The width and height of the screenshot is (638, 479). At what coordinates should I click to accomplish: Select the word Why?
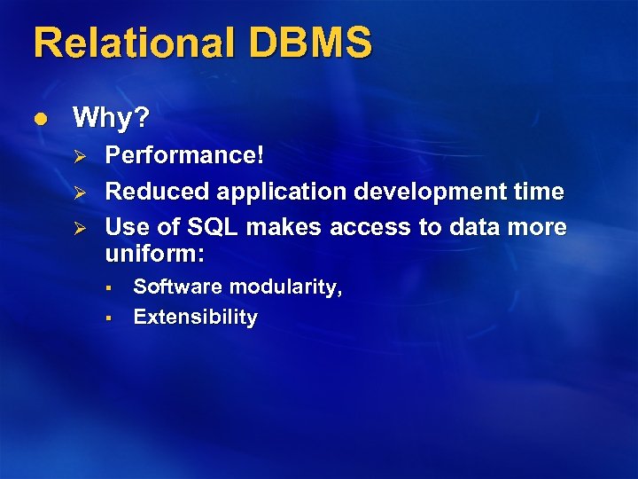point(112,117)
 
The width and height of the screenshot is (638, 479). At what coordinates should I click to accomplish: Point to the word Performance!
point(184,155)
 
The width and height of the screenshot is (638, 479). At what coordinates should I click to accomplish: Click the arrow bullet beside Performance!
point(76,156)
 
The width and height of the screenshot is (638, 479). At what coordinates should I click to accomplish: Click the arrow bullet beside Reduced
point(76,192)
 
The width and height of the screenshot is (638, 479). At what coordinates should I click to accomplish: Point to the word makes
point(284,227)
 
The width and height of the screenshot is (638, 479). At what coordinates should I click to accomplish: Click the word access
point(370,227)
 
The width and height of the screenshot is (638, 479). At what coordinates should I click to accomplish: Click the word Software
point(177,287)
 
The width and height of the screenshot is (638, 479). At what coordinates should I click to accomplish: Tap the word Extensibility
point(195,318)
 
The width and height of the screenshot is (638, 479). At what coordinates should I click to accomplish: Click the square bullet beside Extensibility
point(105,318)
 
